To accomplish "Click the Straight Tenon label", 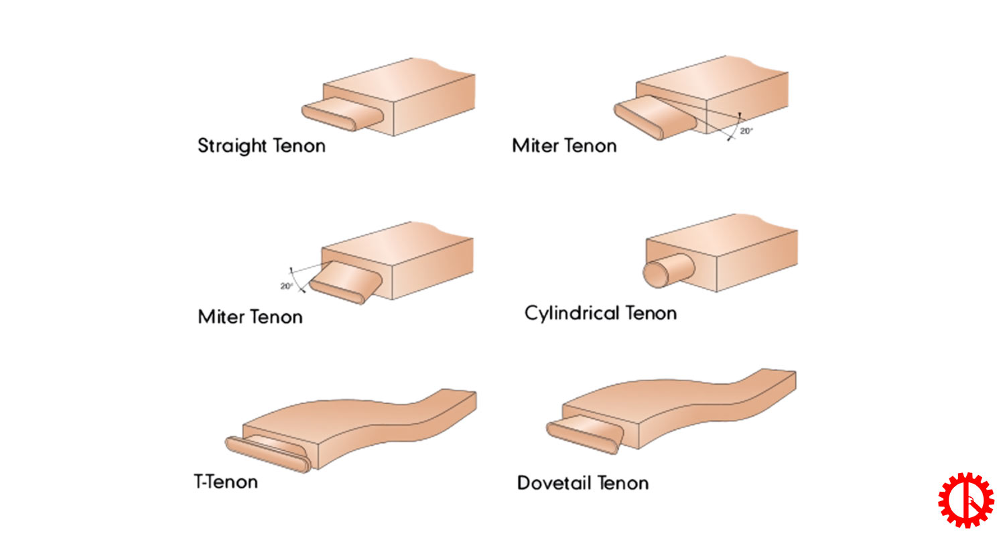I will (x=261, y=145).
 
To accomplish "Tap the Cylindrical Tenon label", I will (x=600, y=313).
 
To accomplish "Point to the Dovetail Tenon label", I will (x=582, y=483).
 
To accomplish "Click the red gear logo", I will (x=965, y=500).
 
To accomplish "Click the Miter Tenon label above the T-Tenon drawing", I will (x=250, y=316).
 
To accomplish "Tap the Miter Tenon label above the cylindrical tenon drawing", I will (x=564, y=145).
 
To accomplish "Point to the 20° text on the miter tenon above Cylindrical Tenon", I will (x=746, y=131).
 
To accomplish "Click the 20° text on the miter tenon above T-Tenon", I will (x=287, y=286).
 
